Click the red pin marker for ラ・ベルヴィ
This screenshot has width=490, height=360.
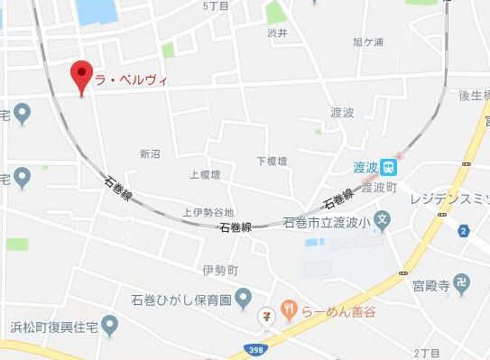(82, 76)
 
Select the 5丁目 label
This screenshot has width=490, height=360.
(217, 6)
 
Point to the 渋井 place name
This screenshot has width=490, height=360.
(277, 33)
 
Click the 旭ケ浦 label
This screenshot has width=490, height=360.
(368, 42)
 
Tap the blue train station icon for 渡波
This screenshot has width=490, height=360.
(388, 166)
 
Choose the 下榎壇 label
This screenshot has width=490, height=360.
(271, 161)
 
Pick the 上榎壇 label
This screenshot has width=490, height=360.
(205, 174)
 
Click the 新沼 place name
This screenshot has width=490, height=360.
(150, 154)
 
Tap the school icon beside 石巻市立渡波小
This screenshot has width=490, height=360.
(384, 218)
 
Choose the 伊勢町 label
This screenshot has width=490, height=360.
(219, 270)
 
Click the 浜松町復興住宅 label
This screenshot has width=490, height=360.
(50, 323)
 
